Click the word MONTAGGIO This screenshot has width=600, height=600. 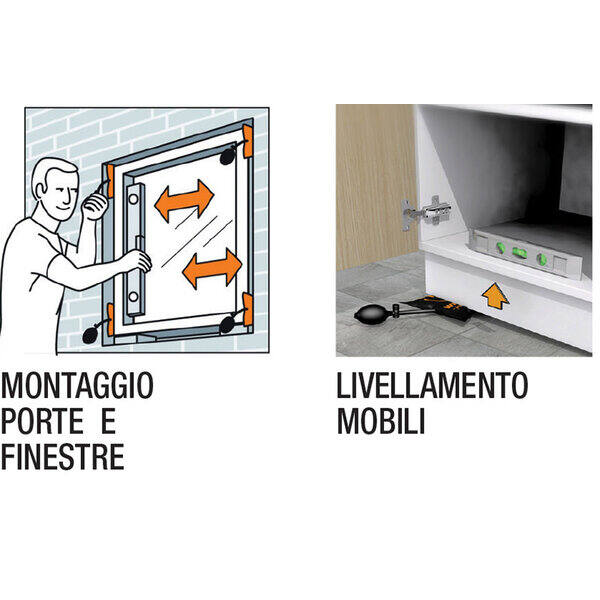pos(77,385)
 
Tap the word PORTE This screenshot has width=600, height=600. pos(42,421)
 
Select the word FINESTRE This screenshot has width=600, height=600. pos(63,457)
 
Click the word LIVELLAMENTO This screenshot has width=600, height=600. pos(432,385)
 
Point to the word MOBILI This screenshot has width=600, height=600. pos(381,421)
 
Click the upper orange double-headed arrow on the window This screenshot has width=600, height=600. pos(184,200)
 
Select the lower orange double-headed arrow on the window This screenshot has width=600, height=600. pos(212,268)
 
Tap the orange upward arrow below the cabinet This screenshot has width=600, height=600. pos(496,295)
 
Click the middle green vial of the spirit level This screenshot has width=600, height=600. pos(519,252)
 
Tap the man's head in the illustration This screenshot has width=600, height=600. pos(56,188)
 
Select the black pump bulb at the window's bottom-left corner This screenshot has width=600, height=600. pos(91,335)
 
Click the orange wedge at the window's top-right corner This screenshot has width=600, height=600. pos(248,141)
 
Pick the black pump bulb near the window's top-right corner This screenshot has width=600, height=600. pos(228,156)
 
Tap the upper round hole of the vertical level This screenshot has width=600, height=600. pos(133,199)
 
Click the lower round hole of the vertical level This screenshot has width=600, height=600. pos(133,297)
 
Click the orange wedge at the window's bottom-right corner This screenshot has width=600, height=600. pos(248,309)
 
